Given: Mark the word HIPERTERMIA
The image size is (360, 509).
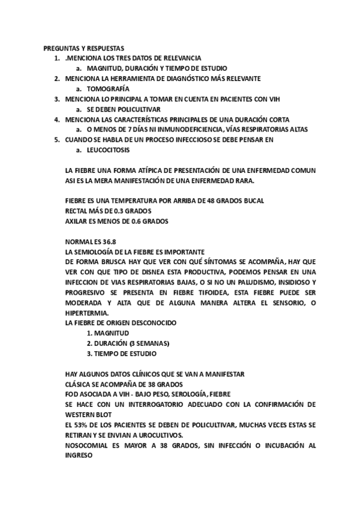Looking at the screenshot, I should tap(87, 313).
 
